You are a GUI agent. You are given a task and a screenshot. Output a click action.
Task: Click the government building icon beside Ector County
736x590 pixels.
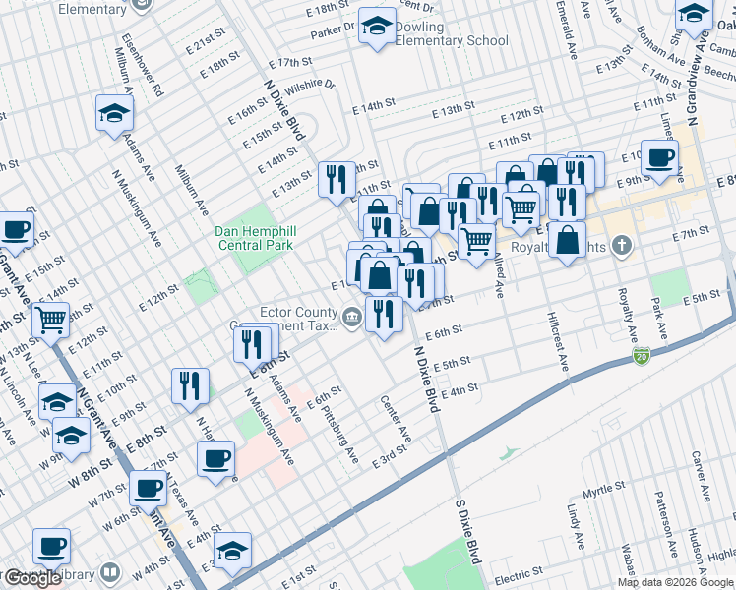(351, 316)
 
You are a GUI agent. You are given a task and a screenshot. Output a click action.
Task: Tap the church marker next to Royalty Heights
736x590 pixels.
(621, 243)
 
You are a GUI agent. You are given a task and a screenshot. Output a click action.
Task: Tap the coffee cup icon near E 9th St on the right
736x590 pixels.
(660, 160)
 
